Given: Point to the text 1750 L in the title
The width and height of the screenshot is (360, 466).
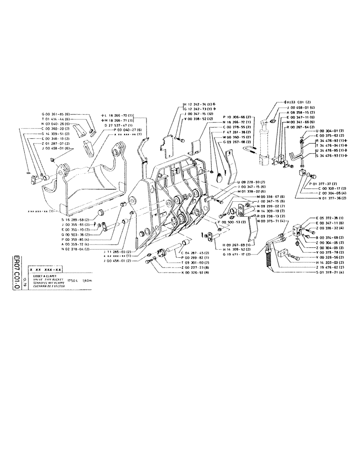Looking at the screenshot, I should pyautogui.click(x=73, y=281).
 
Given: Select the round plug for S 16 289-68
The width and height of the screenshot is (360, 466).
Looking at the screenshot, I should pyautogui.click(x=100, y=214).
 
